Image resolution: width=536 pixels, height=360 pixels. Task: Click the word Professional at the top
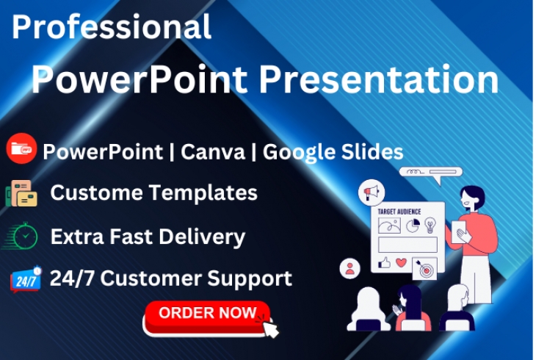coord(112,26)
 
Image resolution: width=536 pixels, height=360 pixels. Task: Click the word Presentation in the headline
coord(378,79)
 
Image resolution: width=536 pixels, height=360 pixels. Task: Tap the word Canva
coord(213,151)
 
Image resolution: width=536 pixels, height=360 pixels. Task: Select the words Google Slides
coord(333,153)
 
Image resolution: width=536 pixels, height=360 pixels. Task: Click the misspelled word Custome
coord(96,192)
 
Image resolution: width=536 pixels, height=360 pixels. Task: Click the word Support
coord(250,279)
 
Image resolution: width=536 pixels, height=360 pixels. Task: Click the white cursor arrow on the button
coord(271,328)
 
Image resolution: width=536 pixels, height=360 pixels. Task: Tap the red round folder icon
coord(21,148)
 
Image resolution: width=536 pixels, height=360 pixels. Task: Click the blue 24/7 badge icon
coord(26,279)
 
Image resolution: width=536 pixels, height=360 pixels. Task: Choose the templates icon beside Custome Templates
coord(21,193)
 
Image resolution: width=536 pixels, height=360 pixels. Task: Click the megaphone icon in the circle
coord(372,192)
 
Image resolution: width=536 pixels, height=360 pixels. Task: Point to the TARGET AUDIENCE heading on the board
coord(399,212)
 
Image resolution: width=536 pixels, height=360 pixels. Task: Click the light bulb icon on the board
coord(430,226)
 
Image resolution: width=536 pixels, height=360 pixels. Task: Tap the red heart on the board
coord(401,262)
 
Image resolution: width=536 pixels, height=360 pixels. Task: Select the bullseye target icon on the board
coord(425,269)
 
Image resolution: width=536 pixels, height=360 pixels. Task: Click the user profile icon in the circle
coord(350,268)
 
